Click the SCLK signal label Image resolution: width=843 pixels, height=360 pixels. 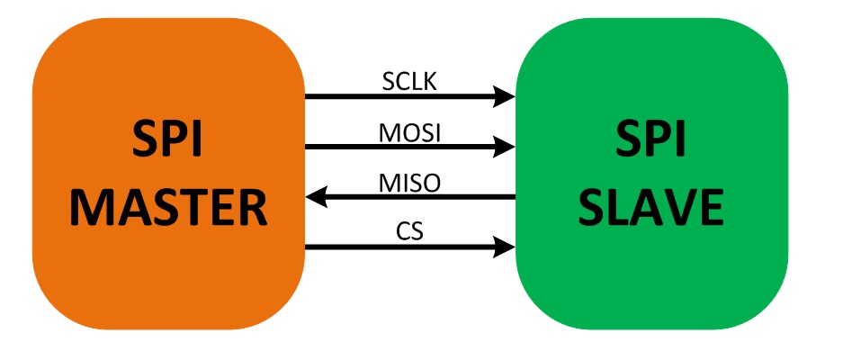(410, 82)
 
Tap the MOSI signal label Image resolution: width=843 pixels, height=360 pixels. (410, 132)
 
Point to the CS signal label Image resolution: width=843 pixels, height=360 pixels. (410, 231)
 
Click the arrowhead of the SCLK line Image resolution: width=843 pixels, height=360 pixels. (506, 94)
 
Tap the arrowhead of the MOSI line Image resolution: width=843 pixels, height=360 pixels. (506, 145)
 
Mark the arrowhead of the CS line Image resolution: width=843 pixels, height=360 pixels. (506, 245)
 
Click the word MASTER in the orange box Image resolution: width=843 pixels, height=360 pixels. (169, 206)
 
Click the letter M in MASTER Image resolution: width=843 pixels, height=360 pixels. (92, 206)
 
